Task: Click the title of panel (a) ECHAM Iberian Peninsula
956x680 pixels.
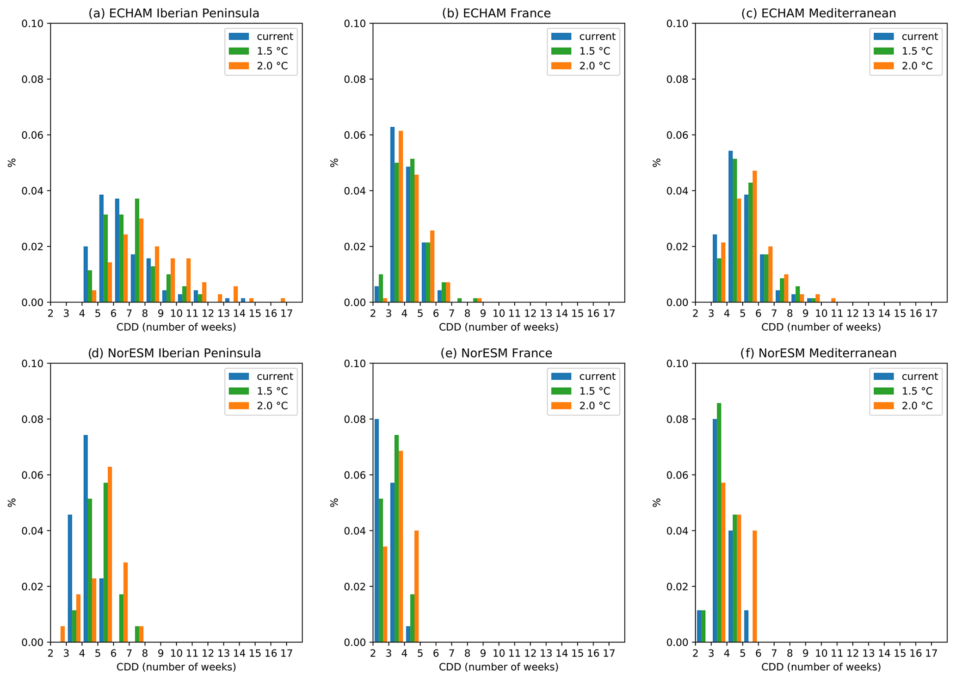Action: [173, 13]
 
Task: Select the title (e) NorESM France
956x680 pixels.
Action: [496, 353]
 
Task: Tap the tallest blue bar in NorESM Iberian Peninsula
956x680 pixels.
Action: [86, 538]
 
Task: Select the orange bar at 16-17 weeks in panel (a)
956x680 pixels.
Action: [283, 300]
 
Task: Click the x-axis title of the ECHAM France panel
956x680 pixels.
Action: [498, 328]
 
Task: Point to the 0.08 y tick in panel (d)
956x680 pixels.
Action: [32, 420]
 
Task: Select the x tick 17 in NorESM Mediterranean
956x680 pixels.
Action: [931, 653]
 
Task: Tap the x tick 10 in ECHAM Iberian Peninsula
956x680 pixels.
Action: [176, 313]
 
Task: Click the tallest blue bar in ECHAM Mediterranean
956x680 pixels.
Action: [730, 227]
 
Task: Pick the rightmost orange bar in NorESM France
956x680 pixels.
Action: [416, 587]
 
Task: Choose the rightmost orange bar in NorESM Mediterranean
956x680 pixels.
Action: [755, 587]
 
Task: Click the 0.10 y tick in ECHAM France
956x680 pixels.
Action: [355, 24]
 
